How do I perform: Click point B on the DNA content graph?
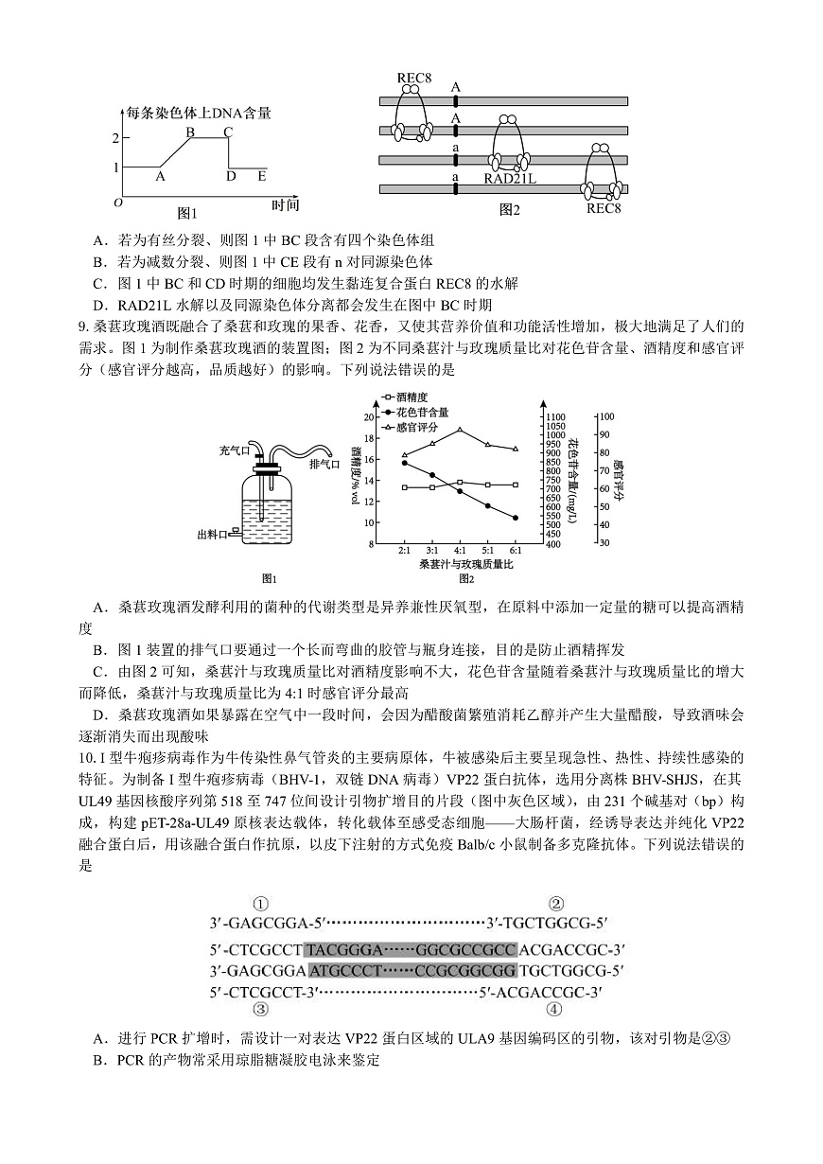190,132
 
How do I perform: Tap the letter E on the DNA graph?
262,176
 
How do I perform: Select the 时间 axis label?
285,203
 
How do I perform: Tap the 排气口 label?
324,464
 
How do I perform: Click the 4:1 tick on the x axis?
460,550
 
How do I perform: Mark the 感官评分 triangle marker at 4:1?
460,430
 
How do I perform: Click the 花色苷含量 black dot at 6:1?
516,518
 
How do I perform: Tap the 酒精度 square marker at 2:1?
404,487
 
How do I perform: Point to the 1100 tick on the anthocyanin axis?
556,416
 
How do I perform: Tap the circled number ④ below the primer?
555,1008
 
